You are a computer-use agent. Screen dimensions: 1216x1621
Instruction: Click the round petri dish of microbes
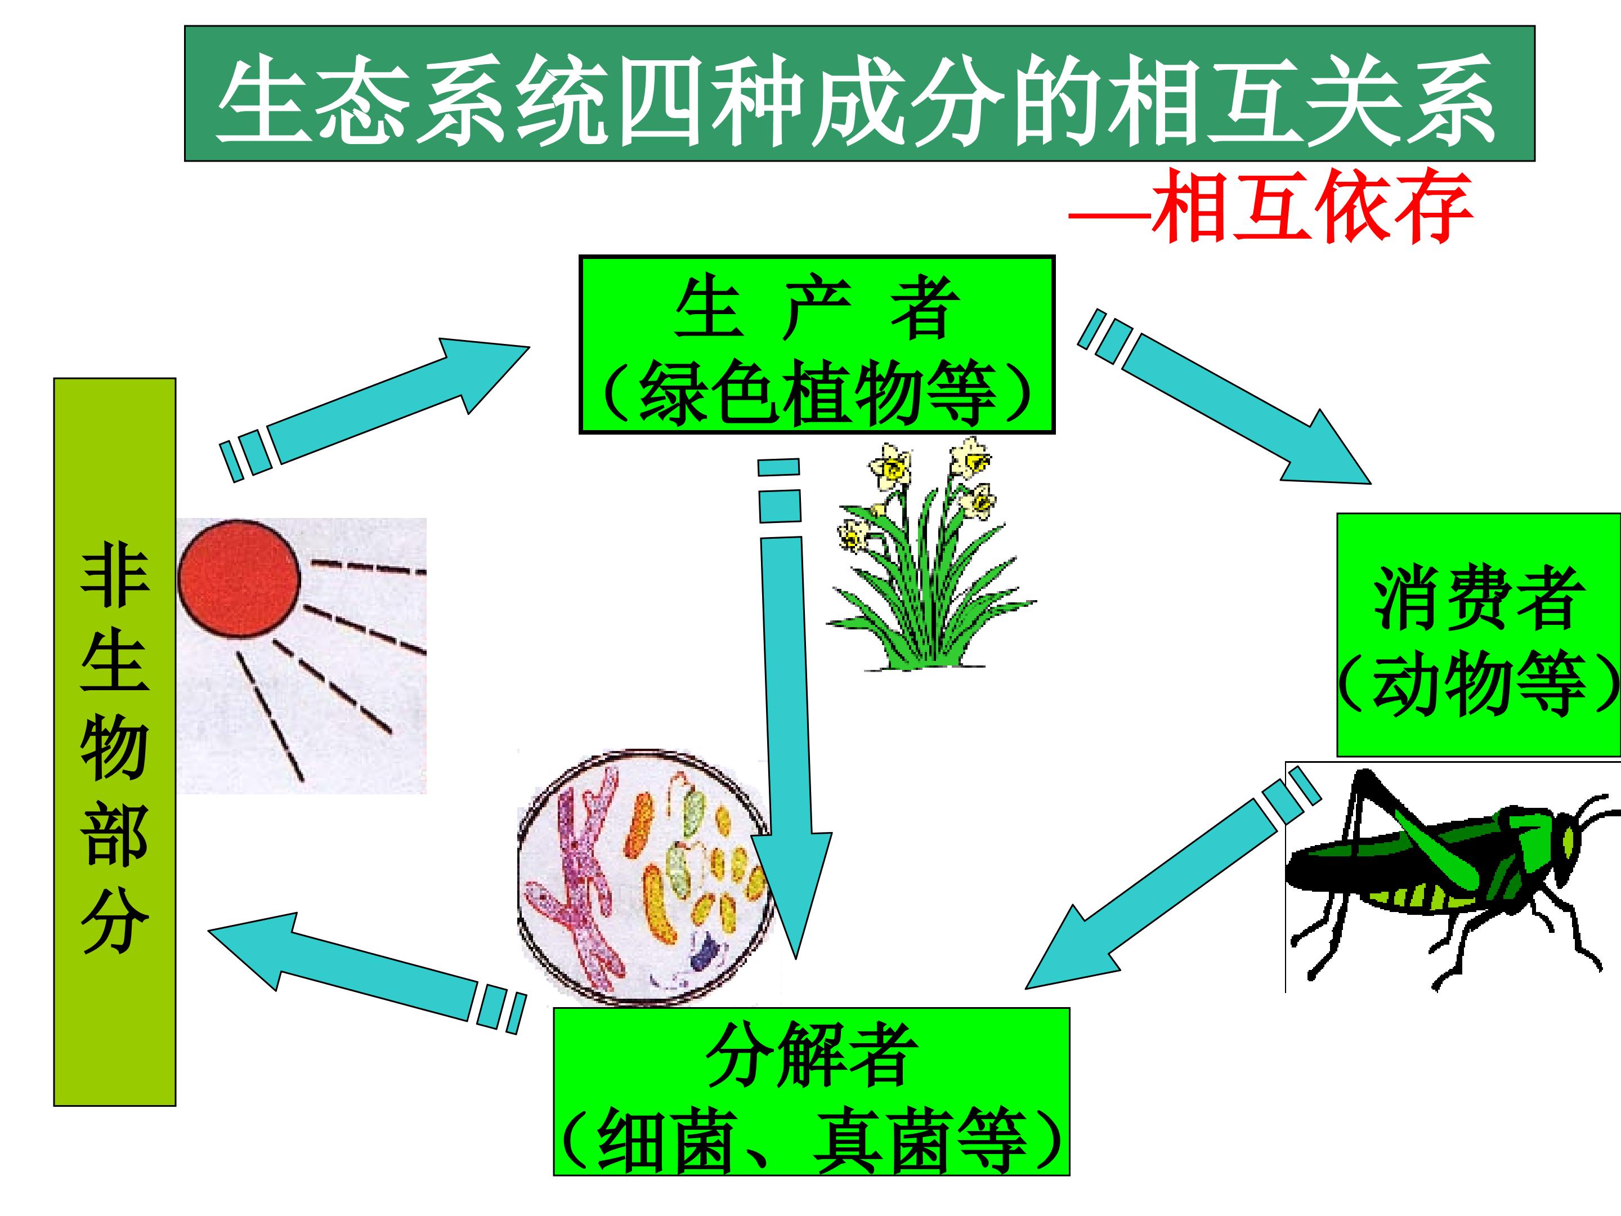645,872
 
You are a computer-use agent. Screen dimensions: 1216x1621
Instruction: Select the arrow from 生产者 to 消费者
1231,410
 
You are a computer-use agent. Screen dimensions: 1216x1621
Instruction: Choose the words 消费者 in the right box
1477,599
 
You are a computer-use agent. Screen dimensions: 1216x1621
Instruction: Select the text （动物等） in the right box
1477,685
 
